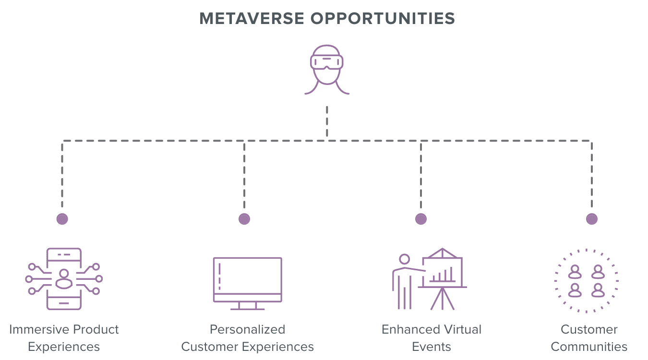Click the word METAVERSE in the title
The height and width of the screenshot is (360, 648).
[x=252, y=18]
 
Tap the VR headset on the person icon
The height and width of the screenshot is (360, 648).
[x=327, y=62]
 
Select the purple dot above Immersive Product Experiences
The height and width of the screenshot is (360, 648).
[x=62, y=219]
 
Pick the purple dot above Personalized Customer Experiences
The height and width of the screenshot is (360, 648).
[x=244, y=219]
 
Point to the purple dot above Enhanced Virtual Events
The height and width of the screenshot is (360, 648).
[x=421, y=219]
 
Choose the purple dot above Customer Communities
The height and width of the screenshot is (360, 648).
[x=592, y=219]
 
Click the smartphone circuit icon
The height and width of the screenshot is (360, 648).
[x=64, y=278]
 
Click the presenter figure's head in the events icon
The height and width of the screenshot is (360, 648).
[x=405, y=259]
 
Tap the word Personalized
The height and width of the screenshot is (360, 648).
[x=247, y=329]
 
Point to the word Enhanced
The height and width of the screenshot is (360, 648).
[x=408, y=329]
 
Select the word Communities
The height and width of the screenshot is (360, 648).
[x=589, y=347]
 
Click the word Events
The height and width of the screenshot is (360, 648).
[x=432, y=347]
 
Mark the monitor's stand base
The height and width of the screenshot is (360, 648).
[x=248, y=307]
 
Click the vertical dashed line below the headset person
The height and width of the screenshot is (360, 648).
[x=327, y=122]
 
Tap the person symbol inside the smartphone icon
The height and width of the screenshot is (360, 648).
[x=63, y=278]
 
